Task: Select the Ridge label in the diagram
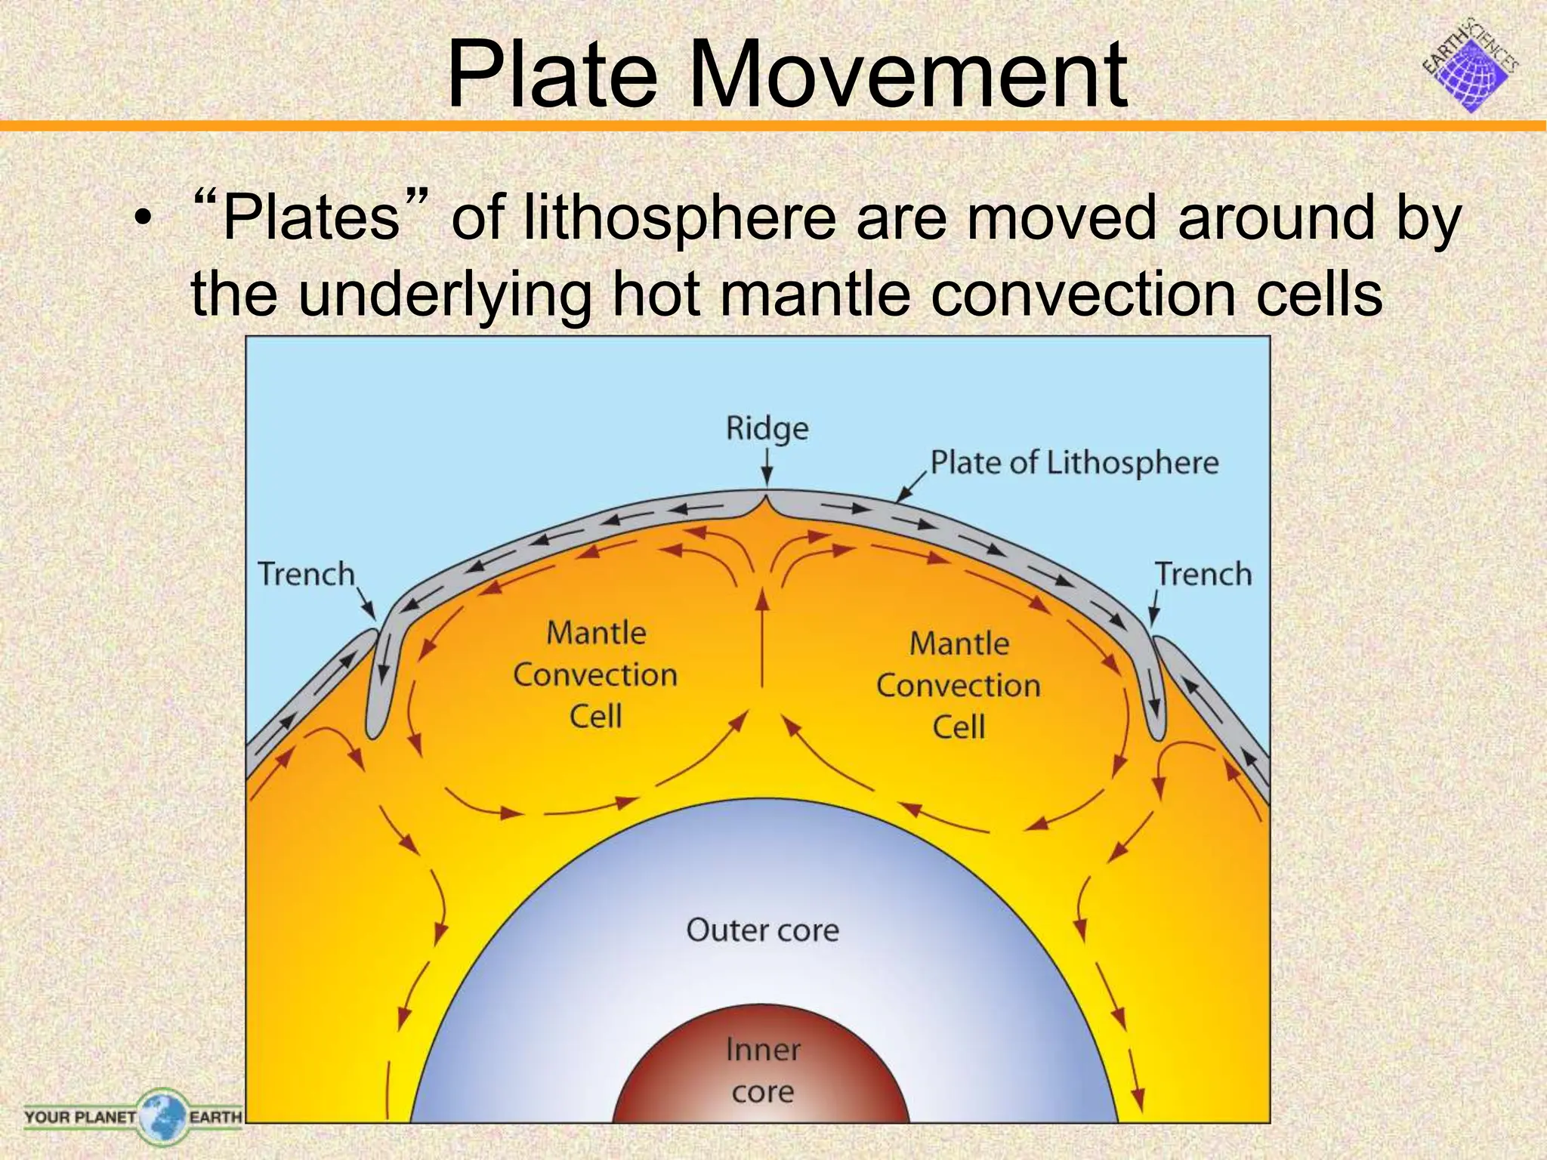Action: [x=767, y=428]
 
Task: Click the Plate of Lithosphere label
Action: [x=1074, y=462]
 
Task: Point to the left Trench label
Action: [x=306, y=574]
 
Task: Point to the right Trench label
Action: [x=1203, y=574]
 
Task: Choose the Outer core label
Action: [x=762, y=930]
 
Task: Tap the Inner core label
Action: [x=763, y=1070]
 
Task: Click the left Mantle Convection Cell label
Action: [x=596, y=674]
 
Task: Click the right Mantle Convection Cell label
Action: [x=959, y=686]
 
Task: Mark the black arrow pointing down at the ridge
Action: [x=767, y=467]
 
